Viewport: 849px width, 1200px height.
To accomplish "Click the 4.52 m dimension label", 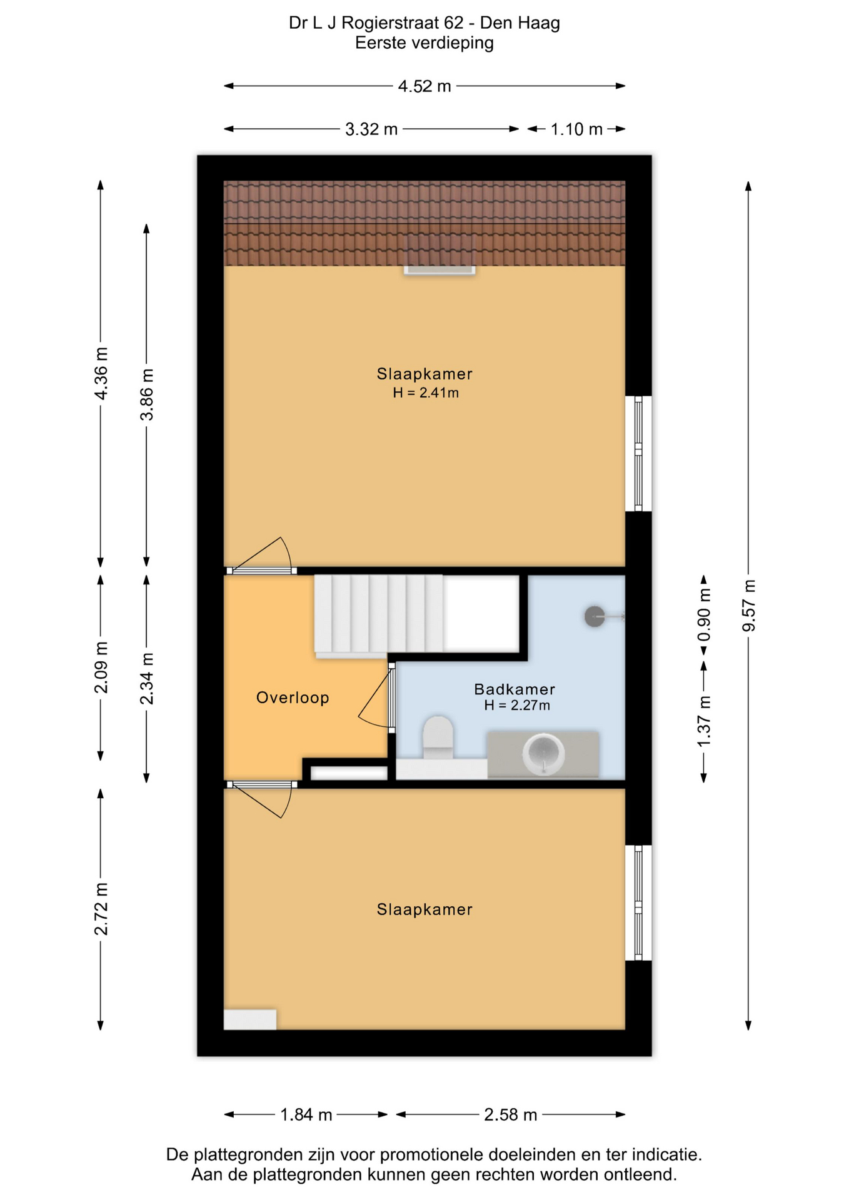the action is [x=424, y=86].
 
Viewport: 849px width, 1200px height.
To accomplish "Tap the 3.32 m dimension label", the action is [x=371, y=129].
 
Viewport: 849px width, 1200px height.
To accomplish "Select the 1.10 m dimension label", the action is [x=576, y=129].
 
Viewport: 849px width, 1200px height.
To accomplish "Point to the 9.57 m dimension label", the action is [x=748, y=606].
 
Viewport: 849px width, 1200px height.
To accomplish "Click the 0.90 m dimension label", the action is [x=704, y=616].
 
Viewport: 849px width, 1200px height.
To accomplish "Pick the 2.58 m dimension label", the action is [x=511, y=1114].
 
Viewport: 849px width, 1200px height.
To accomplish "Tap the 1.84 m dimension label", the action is [x=306, y=1114].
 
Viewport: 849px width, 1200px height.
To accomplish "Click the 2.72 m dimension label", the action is [x=101, y=909].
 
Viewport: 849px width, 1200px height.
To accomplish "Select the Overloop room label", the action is [x=293, y=697].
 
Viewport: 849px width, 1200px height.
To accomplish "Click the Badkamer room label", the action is [x=515, y=689].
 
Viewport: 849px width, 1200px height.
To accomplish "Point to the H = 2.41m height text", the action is [x=426, y=393].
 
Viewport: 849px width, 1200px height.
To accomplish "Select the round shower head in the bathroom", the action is [x=595, y=617].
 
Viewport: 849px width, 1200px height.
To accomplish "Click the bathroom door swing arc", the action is [x=373, y=695].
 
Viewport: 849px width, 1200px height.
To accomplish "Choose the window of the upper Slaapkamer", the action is [x=638, y=454].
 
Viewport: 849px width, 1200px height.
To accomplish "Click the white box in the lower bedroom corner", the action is [x=250, y=1019].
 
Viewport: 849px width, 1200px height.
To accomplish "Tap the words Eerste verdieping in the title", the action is [x=424, y=43].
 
